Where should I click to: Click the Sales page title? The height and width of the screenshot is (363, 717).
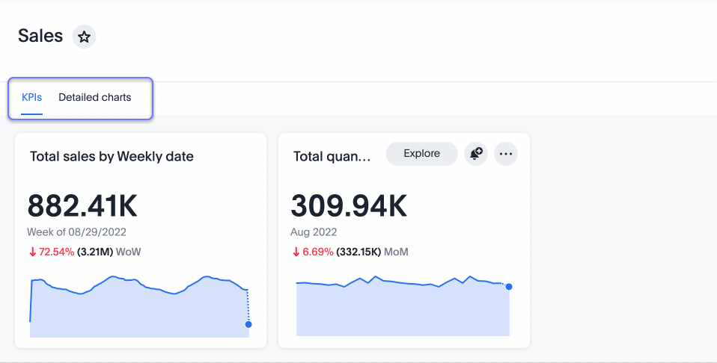pyautogui.click(x=40, y=36)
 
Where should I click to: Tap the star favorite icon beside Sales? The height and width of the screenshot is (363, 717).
pyautogui.click(x=85, y=37)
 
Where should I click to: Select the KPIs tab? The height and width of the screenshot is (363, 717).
pyautogui.click(x=31, y=97)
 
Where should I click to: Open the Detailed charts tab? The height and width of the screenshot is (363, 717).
pyautogui.click(x=95, y=97)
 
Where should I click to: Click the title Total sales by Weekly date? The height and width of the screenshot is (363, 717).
pyautogui.click(x=112, y=157)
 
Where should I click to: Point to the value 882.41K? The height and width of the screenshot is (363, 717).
pyautogui.click(x=82, y=206)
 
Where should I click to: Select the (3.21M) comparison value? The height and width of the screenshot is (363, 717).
pyautogui.click(x=95, y=252)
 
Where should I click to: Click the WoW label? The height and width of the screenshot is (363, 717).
pyautogui.click(x=129, y=252)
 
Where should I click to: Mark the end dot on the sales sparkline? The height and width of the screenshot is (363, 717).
pyautogui.click(x=248, y=324)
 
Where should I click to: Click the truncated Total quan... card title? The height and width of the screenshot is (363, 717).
pyautogui.click(x=332, y=157)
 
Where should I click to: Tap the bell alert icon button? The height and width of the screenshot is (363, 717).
pyautogui.click(x=475, y=154)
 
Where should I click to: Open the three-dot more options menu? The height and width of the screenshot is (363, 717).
pyautogui.click(x=506, y=154)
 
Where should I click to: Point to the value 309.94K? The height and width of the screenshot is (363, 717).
pyautogui.click(x=349, y=206)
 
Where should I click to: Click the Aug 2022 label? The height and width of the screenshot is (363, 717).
pyautogui.click(x=314, y=232)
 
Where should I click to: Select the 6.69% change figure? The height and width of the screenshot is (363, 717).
pyautogui.click(x=318, y=252)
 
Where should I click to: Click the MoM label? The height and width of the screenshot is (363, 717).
pyautogui.click(x=396, y=252)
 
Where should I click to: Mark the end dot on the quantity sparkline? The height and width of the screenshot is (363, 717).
pyautogui.click(x=509, y=287)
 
